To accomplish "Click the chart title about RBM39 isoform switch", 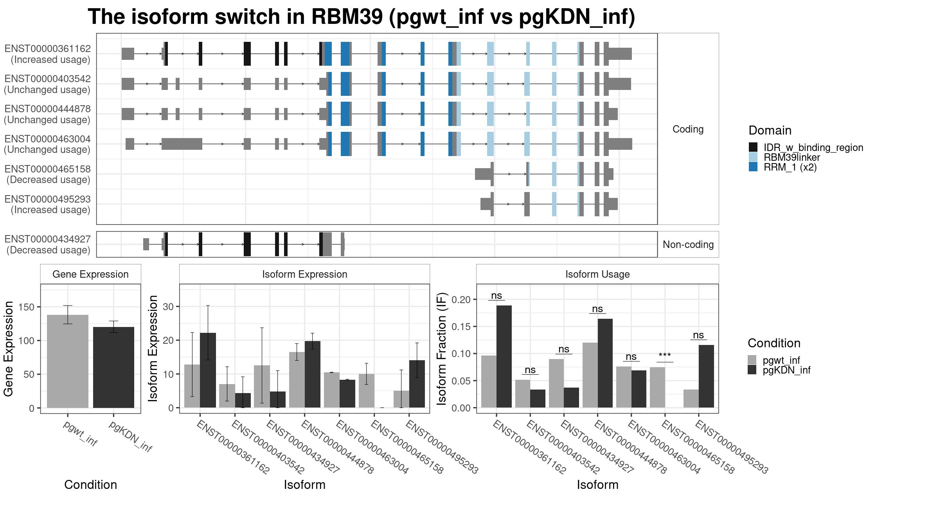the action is coord(362,17).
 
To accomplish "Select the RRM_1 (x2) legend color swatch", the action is coord(753,167).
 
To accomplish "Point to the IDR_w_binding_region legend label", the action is coord(813,147).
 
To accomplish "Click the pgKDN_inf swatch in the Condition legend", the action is coord(752,370).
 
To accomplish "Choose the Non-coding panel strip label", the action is coord(688,244).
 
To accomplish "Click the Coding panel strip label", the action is coord(688,129).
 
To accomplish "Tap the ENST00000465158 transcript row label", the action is coord(48,174).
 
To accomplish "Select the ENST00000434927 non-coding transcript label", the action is coord(48,244).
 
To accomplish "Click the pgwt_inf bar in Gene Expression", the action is coord(68,361).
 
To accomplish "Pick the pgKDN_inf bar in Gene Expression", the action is coord(113,367).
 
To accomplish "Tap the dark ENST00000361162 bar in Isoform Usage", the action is coord(504,357).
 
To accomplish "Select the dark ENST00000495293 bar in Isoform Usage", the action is coord(706,376).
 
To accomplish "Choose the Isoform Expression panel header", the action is coord(305,274).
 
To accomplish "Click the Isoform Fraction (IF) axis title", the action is coord(442,348).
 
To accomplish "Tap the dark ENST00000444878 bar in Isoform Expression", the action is coord(313,374).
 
